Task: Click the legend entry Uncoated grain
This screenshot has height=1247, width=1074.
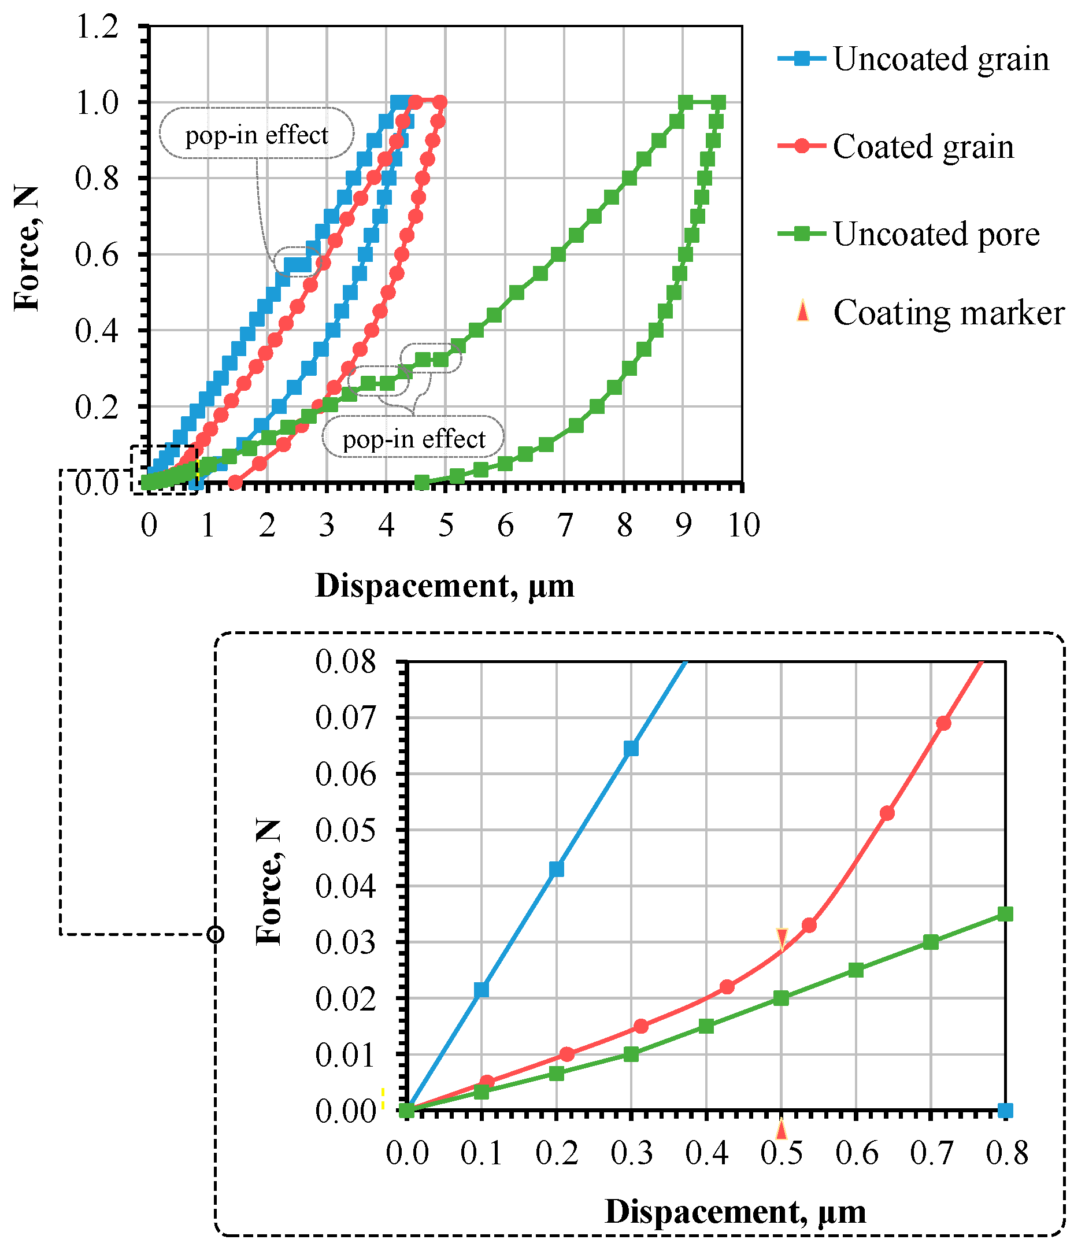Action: [940, 59]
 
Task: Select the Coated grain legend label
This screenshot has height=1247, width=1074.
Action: [923, 147]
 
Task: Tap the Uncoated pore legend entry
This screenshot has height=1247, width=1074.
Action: [936, 234]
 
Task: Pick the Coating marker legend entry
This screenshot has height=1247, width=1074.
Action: [948, 313]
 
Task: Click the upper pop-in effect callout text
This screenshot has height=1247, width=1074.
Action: [256, 135]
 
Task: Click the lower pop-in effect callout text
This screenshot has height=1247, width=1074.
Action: [413, 439]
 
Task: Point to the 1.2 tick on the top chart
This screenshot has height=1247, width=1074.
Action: [97, 27]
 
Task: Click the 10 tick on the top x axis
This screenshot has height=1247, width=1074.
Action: [744, 526]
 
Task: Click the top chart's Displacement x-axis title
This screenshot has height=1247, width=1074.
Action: [445, 586]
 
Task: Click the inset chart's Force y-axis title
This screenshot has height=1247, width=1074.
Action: [268, 883]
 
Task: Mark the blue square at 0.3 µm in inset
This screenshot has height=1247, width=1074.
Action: [631, 749]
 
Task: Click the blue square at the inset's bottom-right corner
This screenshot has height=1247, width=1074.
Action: [1005, 1111]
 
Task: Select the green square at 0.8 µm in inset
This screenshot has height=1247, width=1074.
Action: [1005, 914]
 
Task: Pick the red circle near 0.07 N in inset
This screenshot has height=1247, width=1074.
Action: [943, 723]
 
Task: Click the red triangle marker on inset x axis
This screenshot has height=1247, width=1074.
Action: [781, 1129]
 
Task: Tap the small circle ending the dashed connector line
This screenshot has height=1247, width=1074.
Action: [216, 934]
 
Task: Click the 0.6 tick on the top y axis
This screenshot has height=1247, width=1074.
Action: [97, 254]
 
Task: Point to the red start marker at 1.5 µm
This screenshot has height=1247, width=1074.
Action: [235, 483]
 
